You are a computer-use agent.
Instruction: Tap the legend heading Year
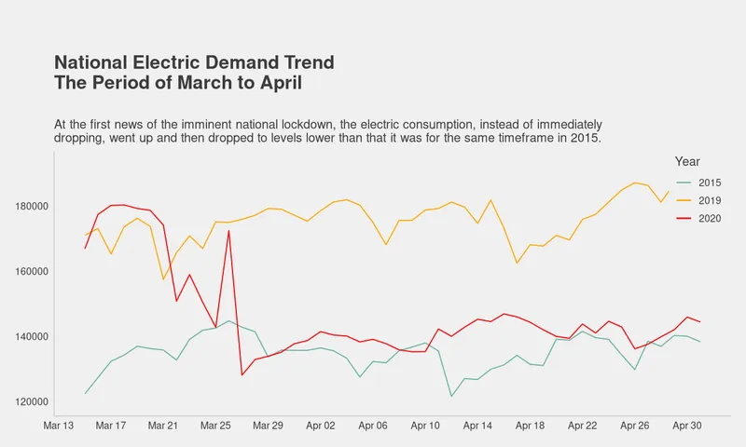[x=687, y=162]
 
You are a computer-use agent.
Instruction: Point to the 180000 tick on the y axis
[x=30, y=207]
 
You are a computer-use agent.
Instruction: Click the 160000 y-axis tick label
[x=30, y=272]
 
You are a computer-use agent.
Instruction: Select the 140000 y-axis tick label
[x=30, y=337]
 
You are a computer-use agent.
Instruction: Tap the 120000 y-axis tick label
[x=30, y=402]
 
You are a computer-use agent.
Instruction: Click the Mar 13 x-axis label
[x=59, y=426]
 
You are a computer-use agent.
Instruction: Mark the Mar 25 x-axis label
[x=215, y=426]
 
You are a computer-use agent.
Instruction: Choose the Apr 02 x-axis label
[x=321, y=426]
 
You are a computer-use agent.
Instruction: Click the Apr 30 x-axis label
[x=687, y=426]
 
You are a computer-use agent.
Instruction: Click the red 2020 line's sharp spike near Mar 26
[x=228, y=230]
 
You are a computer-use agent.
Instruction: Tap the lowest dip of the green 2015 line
[x=451, y=397]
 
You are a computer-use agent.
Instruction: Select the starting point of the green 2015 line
[x=85, y=393]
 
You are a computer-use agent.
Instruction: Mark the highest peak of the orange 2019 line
[x=635, y=183]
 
